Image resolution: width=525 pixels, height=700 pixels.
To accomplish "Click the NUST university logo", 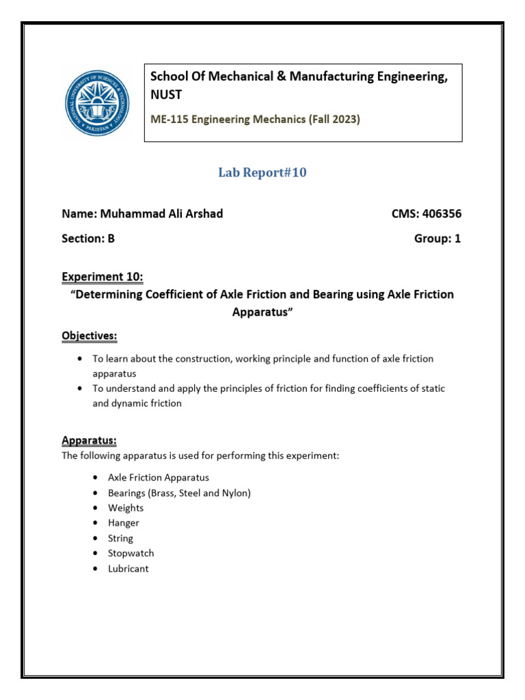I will click(x=96, y=103).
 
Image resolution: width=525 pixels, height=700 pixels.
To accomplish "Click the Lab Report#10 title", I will click(x=262, y=173).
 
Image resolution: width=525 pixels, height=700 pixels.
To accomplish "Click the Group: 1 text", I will click(x=437, y=239).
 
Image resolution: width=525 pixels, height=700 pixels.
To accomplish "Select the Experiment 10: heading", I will click(x=103, y=277).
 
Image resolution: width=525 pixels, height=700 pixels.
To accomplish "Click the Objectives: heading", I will click(x=90, y=336).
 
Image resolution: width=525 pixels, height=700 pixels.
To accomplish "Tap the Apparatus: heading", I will click(x=89, y=440).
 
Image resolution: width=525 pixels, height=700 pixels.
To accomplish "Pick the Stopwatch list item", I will click(x=131, y=553).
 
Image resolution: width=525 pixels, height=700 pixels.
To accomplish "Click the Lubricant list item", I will click(x=128, y=568).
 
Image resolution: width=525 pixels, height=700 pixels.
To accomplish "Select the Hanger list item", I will click(x=123, y=523).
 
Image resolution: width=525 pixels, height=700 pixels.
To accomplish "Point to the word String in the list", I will click(x=120, y=538).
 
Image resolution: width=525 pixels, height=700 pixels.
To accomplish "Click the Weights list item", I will click(x=126, y=508).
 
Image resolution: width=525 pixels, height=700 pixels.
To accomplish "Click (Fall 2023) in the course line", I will click(x=334, y=119).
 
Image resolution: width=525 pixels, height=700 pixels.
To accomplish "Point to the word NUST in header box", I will click(x=166, y=94).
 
